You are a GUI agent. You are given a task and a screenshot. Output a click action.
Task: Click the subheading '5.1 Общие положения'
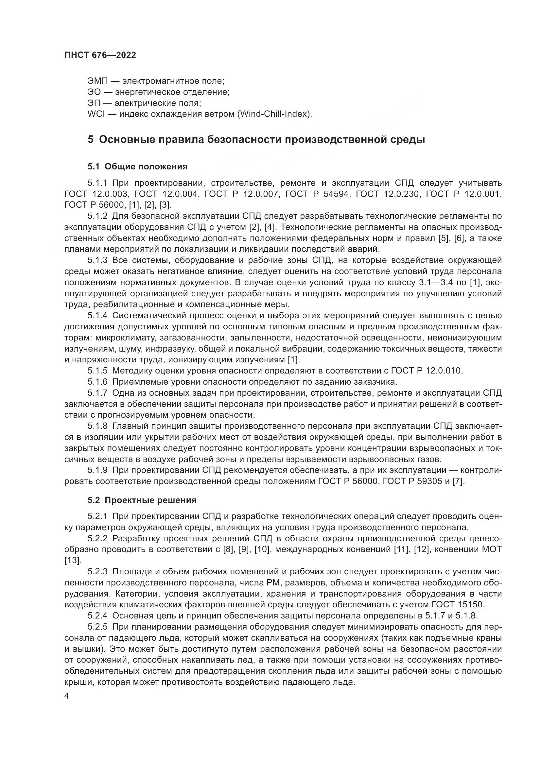(138, 166)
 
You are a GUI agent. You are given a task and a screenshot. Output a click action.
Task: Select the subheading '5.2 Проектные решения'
(142, 500)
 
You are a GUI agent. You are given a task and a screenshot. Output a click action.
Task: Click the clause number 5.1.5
(97, 371)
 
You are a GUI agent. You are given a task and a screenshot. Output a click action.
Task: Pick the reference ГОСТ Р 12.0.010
(427, 371)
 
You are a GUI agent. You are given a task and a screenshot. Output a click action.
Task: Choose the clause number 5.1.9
(97, 470)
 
